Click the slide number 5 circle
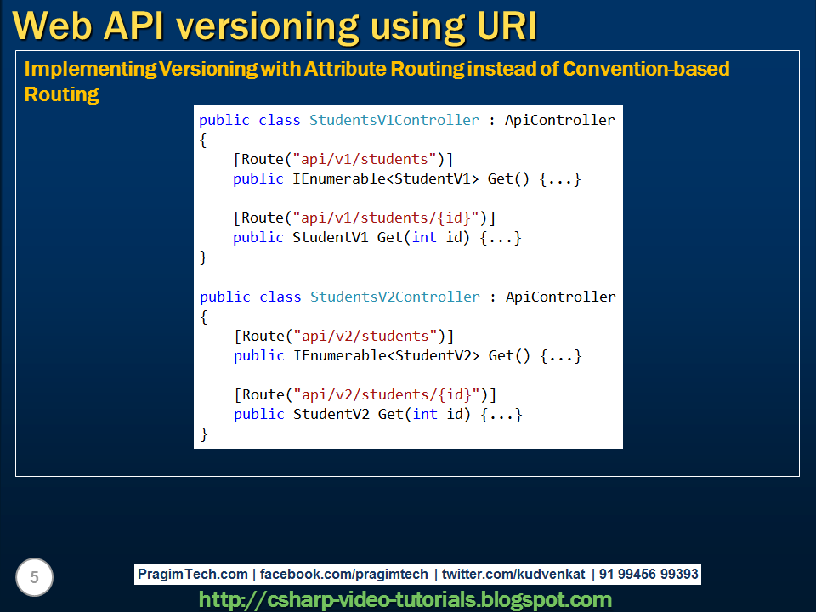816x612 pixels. click(x=34, y=578)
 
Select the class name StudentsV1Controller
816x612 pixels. click(x=394, y=120)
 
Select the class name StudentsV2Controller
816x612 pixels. click(x=394, y=297)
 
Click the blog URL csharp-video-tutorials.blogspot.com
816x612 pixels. click(x=405, y=600)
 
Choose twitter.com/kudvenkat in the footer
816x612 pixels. click(x=513, y=575)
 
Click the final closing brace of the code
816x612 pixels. click(x=204, y=433)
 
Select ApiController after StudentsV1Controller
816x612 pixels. click(x=560, y=120)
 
